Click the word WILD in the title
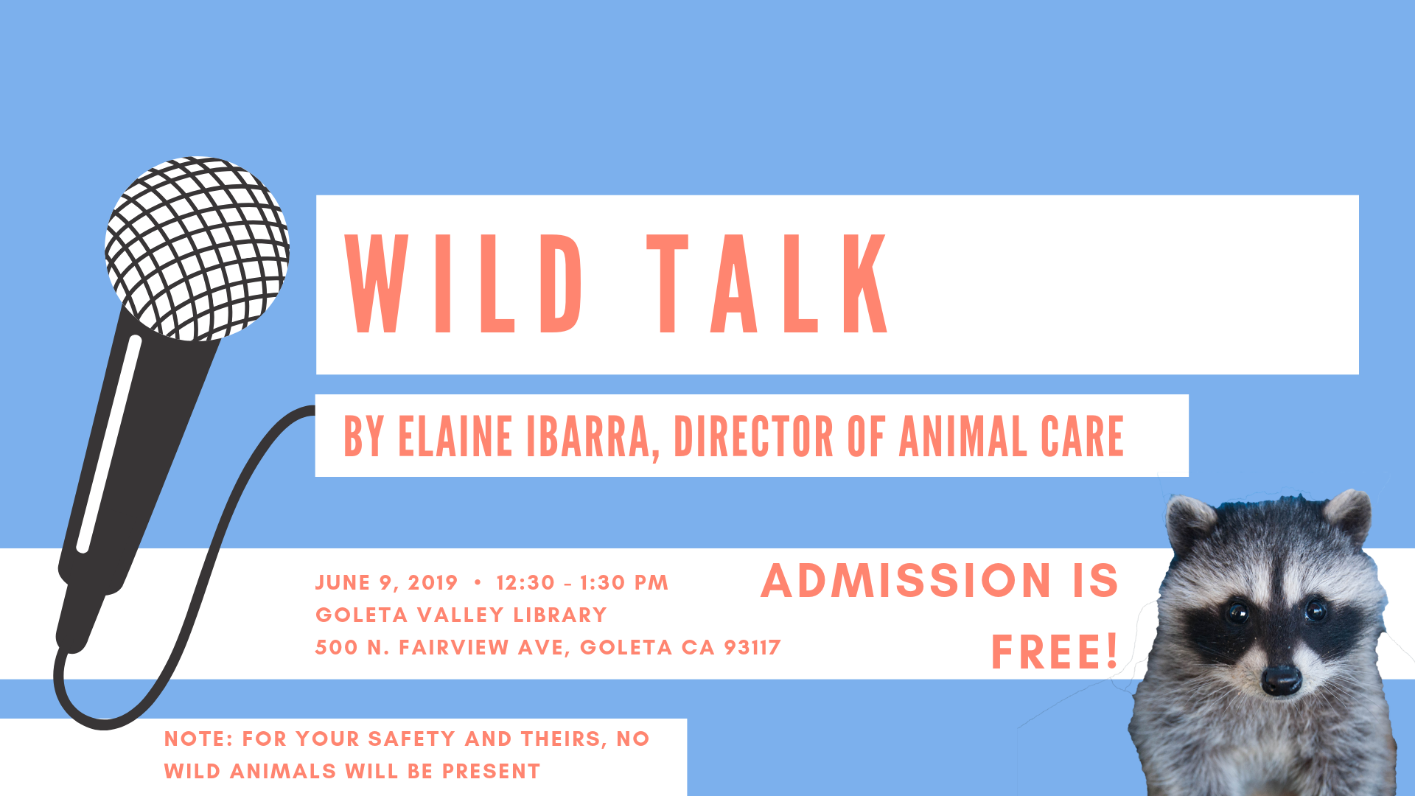tap(464, 284)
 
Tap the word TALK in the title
tap(768, 284)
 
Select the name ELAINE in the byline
tap(455, 436)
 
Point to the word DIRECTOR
tap(753, 436)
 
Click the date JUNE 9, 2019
tap(387, 583)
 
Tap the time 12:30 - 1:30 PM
tap(582, 583)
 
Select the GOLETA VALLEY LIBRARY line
tap(461, 615)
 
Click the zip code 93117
tap(752, 647)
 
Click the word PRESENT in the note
tap(491, 771)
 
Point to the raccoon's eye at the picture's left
tap(1237, 612)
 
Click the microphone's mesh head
tap(197, 248)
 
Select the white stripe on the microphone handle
tap(108, 444)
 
